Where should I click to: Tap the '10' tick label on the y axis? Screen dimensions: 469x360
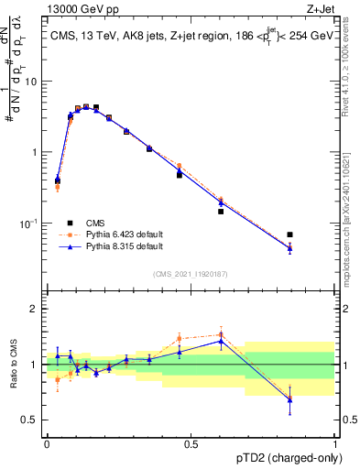click(x=30, y=81)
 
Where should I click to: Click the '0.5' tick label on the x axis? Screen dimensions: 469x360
click(x=191, y=443)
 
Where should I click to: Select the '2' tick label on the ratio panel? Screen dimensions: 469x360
click(x=33, y=309)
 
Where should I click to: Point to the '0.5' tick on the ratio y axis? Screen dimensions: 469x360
click(x=29, y=420)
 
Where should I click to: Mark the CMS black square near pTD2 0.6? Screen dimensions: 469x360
click(x=221, y=212)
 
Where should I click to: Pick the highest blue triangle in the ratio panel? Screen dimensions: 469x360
click(x=221, y=341)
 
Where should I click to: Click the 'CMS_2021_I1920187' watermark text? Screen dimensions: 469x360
click(x=191, y=274)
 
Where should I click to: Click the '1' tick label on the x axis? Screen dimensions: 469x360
click(x=335, y=443)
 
